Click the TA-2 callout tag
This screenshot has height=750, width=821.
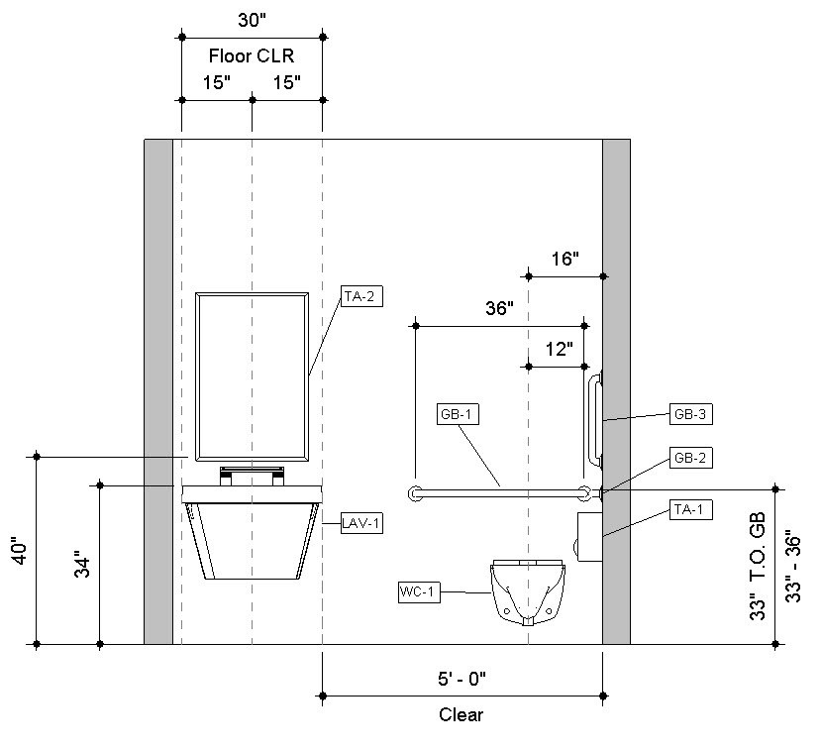click(x=361, y=296)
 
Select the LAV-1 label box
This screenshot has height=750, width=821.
click(x=361, y=523)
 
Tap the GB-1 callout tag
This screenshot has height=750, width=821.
click(x=458, y=414)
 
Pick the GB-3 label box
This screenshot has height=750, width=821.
click(x=690, y=414)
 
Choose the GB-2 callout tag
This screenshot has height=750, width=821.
click(x=690, y=458)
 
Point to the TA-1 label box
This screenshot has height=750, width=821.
click(x=690, y=509)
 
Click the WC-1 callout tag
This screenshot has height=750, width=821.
click(x=419, y=592)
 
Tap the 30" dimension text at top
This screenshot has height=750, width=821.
click(x=252, y=20)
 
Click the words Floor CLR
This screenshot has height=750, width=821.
click(x=252, y=55)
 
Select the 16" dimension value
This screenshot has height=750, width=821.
click(x=564, y=259)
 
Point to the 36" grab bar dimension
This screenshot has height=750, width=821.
click(x=499, y=308)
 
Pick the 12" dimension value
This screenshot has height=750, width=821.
click(x=560, y=349)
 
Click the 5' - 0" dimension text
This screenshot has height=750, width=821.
click(x=462, y=679)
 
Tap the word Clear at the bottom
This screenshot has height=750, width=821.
click(x=461, y=714)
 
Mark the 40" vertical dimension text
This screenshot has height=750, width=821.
click(x=20, y=550)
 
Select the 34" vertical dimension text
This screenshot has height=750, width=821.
click(x=83, y=564)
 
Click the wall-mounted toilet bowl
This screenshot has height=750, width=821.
click(x=528, y=592)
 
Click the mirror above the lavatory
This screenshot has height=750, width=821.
click(x=252, y=377)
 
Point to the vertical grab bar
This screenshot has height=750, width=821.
click(x=596, y=420)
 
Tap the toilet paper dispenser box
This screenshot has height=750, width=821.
click(x=589, y=537)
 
